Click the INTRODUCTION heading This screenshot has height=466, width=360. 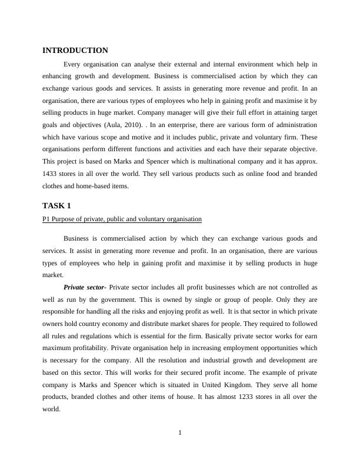pyautogui.click(x=75, y=51)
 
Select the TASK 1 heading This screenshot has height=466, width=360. pyautogui.click(x=56, y=205)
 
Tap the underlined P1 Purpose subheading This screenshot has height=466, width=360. pyautogui.click(x=122, y=219)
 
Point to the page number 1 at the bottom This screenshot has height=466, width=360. pyautogui.click(x=180, y=434)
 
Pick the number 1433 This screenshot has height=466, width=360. pyautogui.click(x=51, y=174)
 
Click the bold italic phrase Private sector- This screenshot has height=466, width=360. pyautogui.click(x=85, y=287)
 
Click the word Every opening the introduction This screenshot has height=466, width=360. pyautogui.click(x=73, y=64)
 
